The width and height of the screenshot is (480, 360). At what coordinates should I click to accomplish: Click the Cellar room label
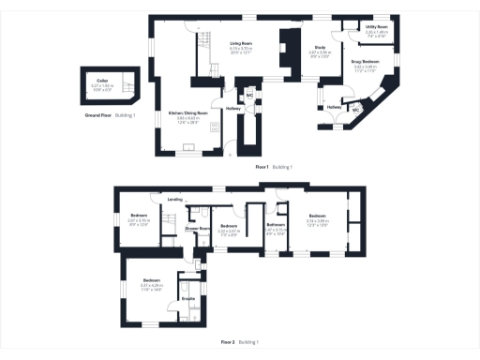coord(100,81)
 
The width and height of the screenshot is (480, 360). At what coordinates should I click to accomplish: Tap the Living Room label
coord(242,42)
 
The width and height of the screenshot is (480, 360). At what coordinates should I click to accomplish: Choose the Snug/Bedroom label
coord(365,62)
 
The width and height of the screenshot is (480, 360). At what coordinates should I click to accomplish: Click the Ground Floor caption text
coord(98,115)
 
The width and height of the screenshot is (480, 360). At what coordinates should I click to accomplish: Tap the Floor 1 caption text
coord(262,167)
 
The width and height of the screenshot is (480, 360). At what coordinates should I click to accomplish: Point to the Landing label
coord(174,200)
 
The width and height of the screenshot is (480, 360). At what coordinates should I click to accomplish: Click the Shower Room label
coord(196,228)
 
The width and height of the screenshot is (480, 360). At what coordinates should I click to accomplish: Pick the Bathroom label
coord(276,224)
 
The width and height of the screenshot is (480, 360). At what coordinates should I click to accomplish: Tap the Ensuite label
coord(187,299)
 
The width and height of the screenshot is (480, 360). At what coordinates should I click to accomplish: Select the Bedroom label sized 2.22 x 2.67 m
coord(228,226)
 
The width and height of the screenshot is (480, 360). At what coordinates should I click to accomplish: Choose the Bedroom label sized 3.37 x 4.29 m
coord(153,281)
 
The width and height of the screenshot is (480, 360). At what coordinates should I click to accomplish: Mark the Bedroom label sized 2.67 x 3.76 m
coord(139,217)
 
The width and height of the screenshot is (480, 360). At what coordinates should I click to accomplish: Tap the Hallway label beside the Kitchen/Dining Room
coord(234,108)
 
